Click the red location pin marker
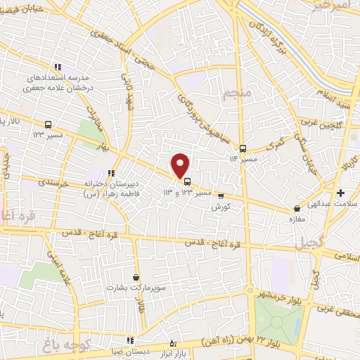click(181, 165)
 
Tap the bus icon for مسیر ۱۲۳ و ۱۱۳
click(186, 181)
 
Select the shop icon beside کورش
click(221, 196)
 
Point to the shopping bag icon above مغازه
click(297, 208)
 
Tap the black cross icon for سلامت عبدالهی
click(341, 193)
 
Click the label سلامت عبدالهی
click(328, 204)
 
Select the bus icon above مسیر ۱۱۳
click(243, 148)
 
